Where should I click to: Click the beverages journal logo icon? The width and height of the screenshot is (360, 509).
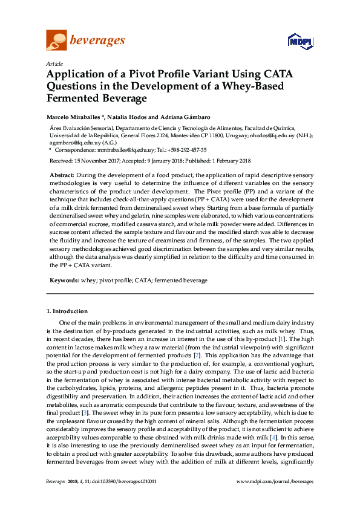pos(56,40)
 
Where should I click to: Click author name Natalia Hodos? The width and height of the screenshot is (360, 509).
pos(128,116)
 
